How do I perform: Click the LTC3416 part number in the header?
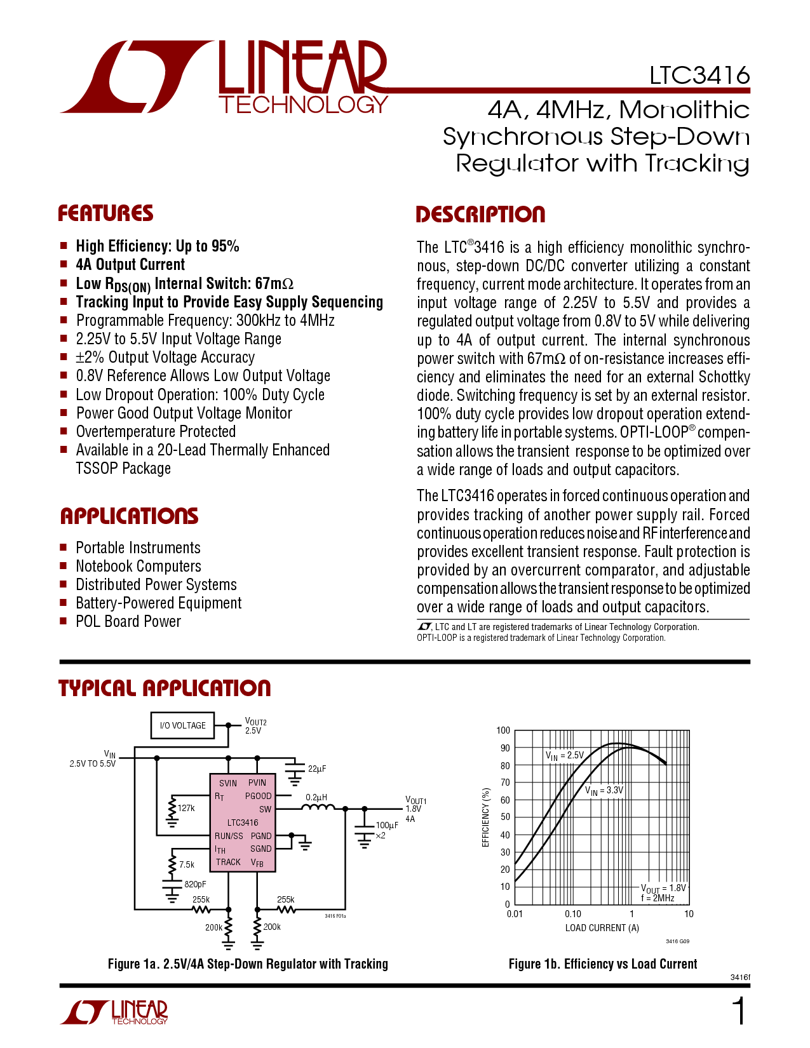click(699, 75)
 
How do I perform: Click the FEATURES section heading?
click(105, 213)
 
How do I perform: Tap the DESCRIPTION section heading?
click(480, 214)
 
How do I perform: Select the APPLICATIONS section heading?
click(129, 516)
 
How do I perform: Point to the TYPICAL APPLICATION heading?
click(165, 688)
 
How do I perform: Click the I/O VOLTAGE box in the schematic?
click(182, 725)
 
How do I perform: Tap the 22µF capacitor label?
click(317, 769)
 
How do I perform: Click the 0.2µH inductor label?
click(316, 798)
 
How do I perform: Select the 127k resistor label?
click(186, 808)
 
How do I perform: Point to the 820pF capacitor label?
click(195, 884)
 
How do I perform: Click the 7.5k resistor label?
click(187, 864)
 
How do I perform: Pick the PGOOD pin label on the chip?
click(258, 796)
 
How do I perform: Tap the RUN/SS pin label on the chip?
click(229, 836)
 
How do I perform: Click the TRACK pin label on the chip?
click(228, 862)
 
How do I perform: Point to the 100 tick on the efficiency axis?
click(503, 730)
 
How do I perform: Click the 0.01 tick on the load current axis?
click(515, 913)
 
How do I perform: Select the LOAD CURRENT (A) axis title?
click(602, 928)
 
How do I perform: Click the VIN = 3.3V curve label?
click(604, 791)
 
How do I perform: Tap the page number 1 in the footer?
click(739, 1011)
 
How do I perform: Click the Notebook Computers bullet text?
click(138, 566)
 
